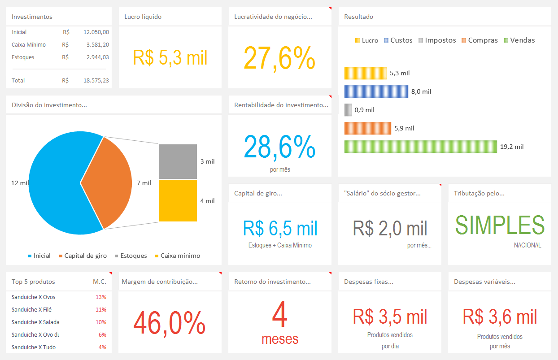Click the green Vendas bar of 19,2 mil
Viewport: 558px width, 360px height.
(420, 147)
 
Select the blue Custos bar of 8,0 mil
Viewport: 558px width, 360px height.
(376, 91)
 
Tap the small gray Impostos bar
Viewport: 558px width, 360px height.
(348, 110)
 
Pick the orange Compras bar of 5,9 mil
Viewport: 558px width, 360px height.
(367, 128)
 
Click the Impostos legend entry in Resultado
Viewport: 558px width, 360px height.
(437, 40)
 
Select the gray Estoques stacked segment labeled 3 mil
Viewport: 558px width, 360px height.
(178, 161)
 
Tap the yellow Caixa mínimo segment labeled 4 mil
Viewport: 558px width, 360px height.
(178, 200)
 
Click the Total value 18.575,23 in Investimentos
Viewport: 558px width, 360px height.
(96, 81)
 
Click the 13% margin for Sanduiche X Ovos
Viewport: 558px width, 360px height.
(100, 297)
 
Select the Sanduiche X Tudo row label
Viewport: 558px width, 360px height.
(34, 347)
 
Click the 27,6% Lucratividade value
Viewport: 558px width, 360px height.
(279, 58)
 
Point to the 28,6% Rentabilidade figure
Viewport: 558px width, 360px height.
(279, 147)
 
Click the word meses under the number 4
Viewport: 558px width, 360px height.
(280, 339)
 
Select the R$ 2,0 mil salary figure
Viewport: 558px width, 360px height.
(390, 228)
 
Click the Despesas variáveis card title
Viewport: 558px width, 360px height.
(484, 282)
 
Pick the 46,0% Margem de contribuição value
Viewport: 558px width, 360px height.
(170, 323)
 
